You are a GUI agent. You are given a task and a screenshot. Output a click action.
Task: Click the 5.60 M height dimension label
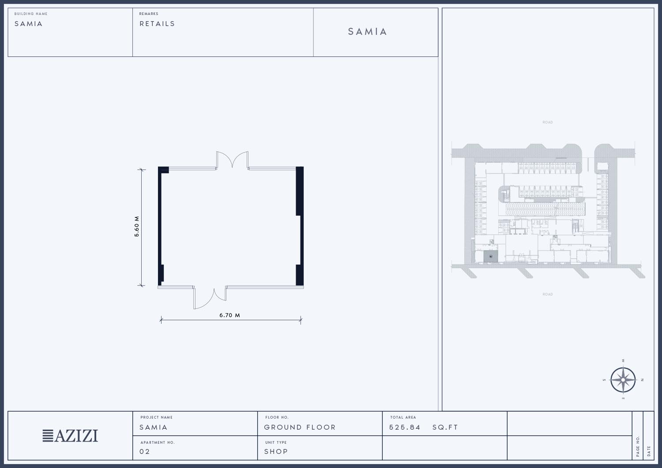tap(136, 227)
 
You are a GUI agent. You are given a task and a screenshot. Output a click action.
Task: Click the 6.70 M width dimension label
tap(229, 315)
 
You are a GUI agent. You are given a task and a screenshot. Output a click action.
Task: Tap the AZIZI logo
tap(70, 436)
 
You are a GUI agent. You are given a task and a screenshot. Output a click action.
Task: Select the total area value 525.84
tap(405, 427)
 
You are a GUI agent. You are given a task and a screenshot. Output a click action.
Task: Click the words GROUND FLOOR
tap(300, 427)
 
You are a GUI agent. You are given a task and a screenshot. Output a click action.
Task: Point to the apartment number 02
tap(144, 451)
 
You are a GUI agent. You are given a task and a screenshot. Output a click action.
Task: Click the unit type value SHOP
tap(276, 451)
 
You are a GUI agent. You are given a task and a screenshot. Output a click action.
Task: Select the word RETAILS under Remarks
tap(157, 24)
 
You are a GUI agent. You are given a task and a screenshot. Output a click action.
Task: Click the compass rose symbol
tap(623, 380)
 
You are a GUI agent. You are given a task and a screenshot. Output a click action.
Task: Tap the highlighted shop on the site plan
tap(491, 256)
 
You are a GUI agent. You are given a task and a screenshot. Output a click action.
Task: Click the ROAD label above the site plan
tap(548, 122)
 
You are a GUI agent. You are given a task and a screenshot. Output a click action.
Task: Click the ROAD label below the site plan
tap(548, 294)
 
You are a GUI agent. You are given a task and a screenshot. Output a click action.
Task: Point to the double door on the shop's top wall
tap(232, 160)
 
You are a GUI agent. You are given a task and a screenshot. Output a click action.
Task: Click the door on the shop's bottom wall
tap(209, 298)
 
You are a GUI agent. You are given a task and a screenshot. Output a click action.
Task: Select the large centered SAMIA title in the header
tap(367, 32)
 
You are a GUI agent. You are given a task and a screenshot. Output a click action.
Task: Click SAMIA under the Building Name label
tap(28, 24)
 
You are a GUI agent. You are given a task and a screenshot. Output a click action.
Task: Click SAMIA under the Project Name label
tap(154, 427)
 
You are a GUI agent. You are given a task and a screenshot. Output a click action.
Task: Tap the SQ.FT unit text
tap(445, 427)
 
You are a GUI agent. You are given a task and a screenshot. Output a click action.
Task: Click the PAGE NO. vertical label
tap(637, 446)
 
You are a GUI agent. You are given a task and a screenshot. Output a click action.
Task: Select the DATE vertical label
tap(649, 451)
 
